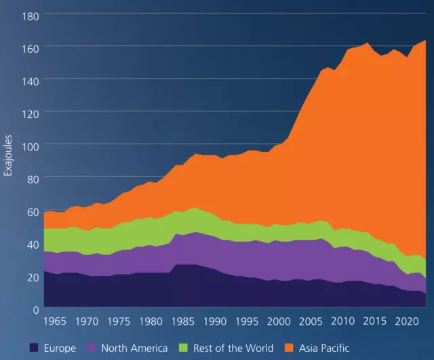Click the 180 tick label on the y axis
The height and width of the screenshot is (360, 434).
click(x=31, y=16)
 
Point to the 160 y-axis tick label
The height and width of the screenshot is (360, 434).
click(x=31, y=49)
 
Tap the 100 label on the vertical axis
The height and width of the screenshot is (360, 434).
click(x=31, y=146)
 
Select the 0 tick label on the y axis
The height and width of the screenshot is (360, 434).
click(x=36, y=310)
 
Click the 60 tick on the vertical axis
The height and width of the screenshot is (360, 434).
click(x=33, y=212)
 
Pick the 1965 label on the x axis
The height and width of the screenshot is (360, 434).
click(x=55, y=321)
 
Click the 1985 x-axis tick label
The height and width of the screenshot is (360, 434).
click(x=182, y=321)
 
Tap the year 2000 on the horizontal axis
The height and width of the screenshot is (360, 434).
click(x=279, y=321)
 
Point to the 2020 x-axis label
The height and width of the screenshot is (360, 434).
click(x=407, y=321)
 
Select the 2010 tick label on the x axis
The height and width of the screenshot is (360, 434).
click(x=342, y=321)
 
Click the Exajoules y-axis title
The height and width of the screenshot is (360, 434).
click(x=8, y=155)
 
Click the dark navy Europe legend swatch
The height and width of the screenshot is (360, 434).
click(x=34, y=348)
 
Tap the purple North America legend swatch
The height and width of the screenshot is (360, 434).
click(x=92, y=348)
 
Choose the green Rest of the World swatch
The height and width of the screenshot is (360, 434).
click(x=183, y=348)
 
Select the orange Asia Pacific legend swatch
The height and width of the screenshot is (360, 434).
click(x=289, y=348)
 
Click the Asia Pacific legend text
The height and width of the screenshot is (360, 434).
click(x=324, y=348)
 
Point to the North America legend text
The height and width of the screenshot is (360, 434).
click(x=134, y=348)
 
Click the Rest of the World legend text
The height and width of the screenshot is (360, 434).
click(x=233, y=348)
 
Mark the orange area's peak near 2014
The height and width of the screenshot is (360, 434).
click(x=368, y=43)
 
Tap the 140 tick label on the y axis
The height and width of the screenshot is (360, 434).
click(x=31, y=81)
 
